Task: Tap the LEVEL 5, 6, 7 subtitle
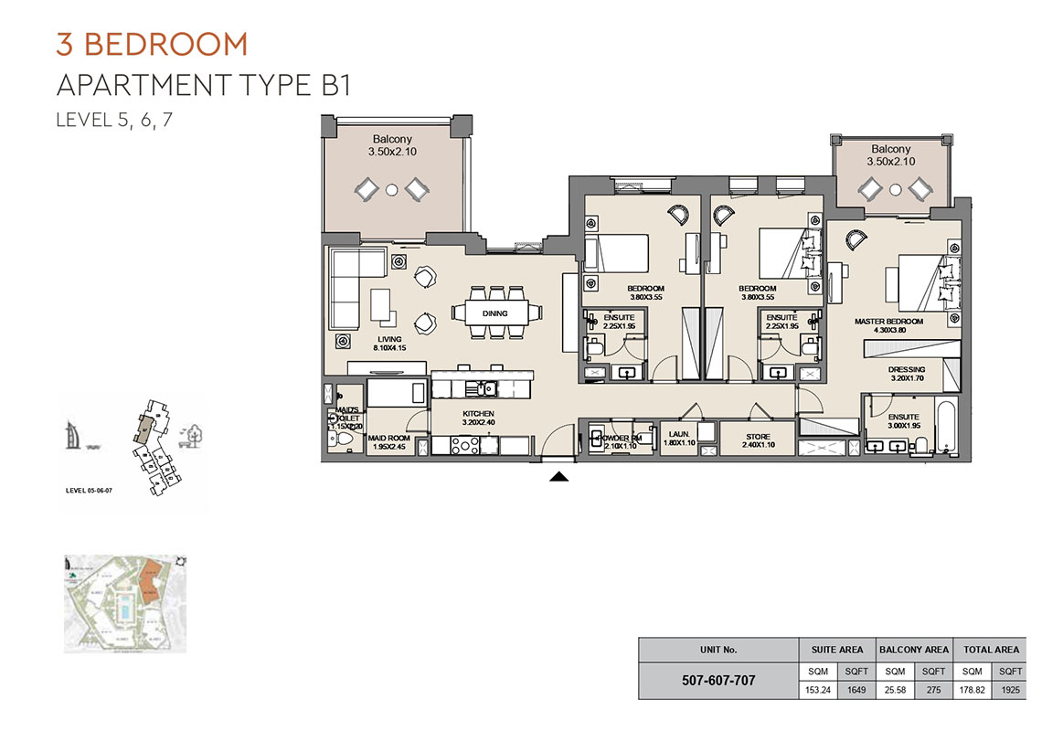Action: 113,120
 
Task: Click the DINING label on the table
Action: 494,313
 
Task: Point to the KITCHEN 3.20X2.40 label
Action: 477,419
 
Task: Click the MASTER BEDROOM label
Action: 888,327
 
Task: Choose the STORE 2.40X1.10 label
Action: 757,441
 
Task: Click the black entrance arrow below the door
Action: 559,475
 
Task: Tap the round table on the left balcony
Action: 391,190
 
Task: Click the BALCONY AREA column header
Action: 913,650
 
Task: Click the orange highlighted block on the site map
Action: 151,582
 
